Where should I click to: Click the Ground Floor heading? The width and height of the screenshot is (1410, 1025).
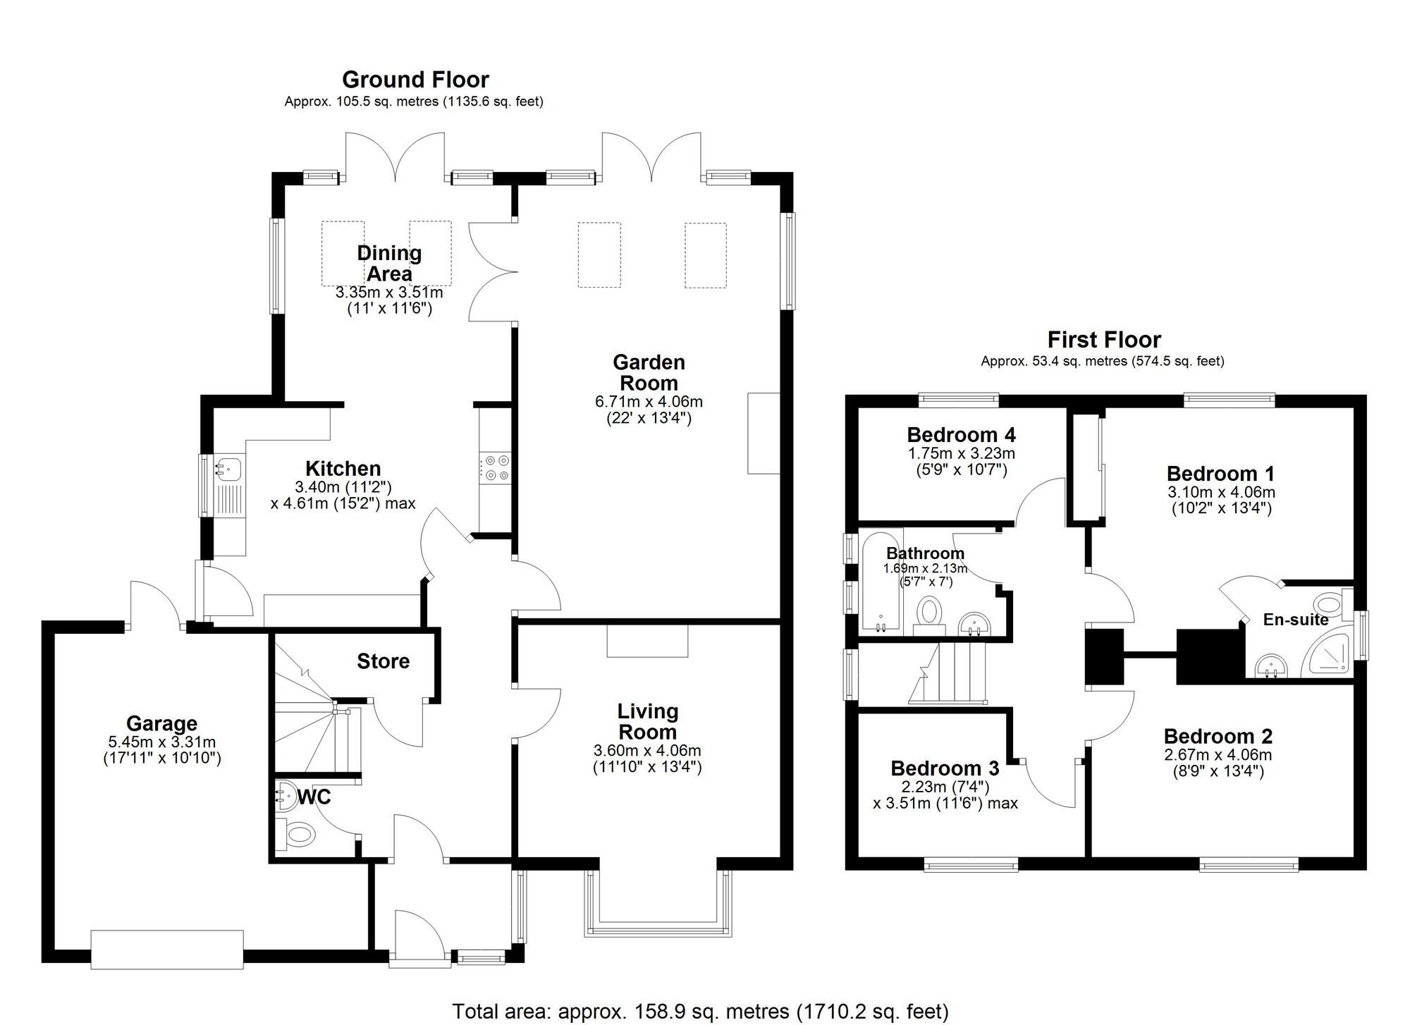tap(415, 80)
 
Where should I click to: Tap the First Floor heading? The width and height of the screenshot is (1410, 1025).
tap(1104, 340)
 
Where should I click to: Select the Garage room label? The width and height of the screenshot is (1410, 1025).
tap(161, 723)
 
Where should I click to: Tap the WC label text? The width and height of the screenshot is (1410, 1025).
tap(314, 797)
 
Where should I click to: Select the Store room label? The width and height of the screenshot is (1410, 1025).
tap(383, 661)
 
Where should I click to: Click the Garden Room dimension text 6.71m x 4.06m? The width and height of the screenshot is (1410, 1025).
tap(649, 402)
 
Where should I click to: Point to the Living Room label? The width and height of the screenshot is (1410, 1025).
tap(648, 722)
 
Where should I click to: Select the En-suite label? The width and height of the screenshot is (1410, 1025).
tap(1296, 620)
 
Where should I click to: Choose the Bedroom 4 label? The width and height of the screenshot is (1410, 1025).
tap(961, 434)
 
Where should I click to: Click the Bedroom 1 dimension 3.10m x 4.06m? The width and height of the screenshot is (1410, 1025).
tap(1221, 492)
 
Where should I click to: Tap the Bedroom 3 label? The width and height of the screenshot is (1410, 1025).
tap(945, 768)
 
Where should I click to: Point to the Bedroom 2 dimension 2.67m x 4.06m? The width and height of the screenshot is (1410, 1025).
tap(1218, 755)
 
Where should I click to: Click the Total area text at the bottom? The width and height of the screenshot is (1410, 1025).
tap(700, 1012)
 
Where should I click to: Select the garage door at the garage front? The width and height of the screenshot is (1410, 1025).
tap(167, 950)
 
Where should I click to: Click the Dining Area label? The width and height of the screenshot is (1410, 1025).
tap(389, 263)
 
